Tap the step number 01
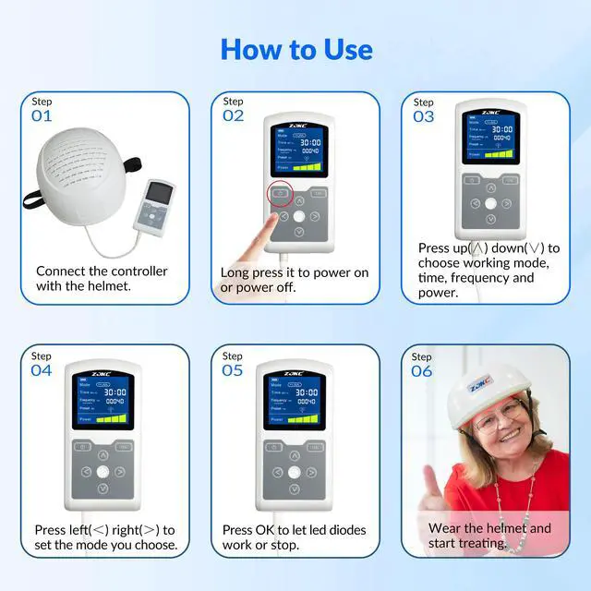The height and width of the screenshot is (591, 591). (x=42, y=116)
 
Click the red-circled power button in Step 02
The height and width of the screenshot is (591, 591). (x=280, y=194)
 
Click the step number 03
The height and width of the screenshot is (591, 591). (x=424, y=116)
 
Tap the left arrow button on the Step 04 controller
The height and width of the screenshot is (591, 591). (x=86, y=472)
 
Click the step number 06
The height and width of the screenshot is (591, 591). (x=422, y=370)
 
